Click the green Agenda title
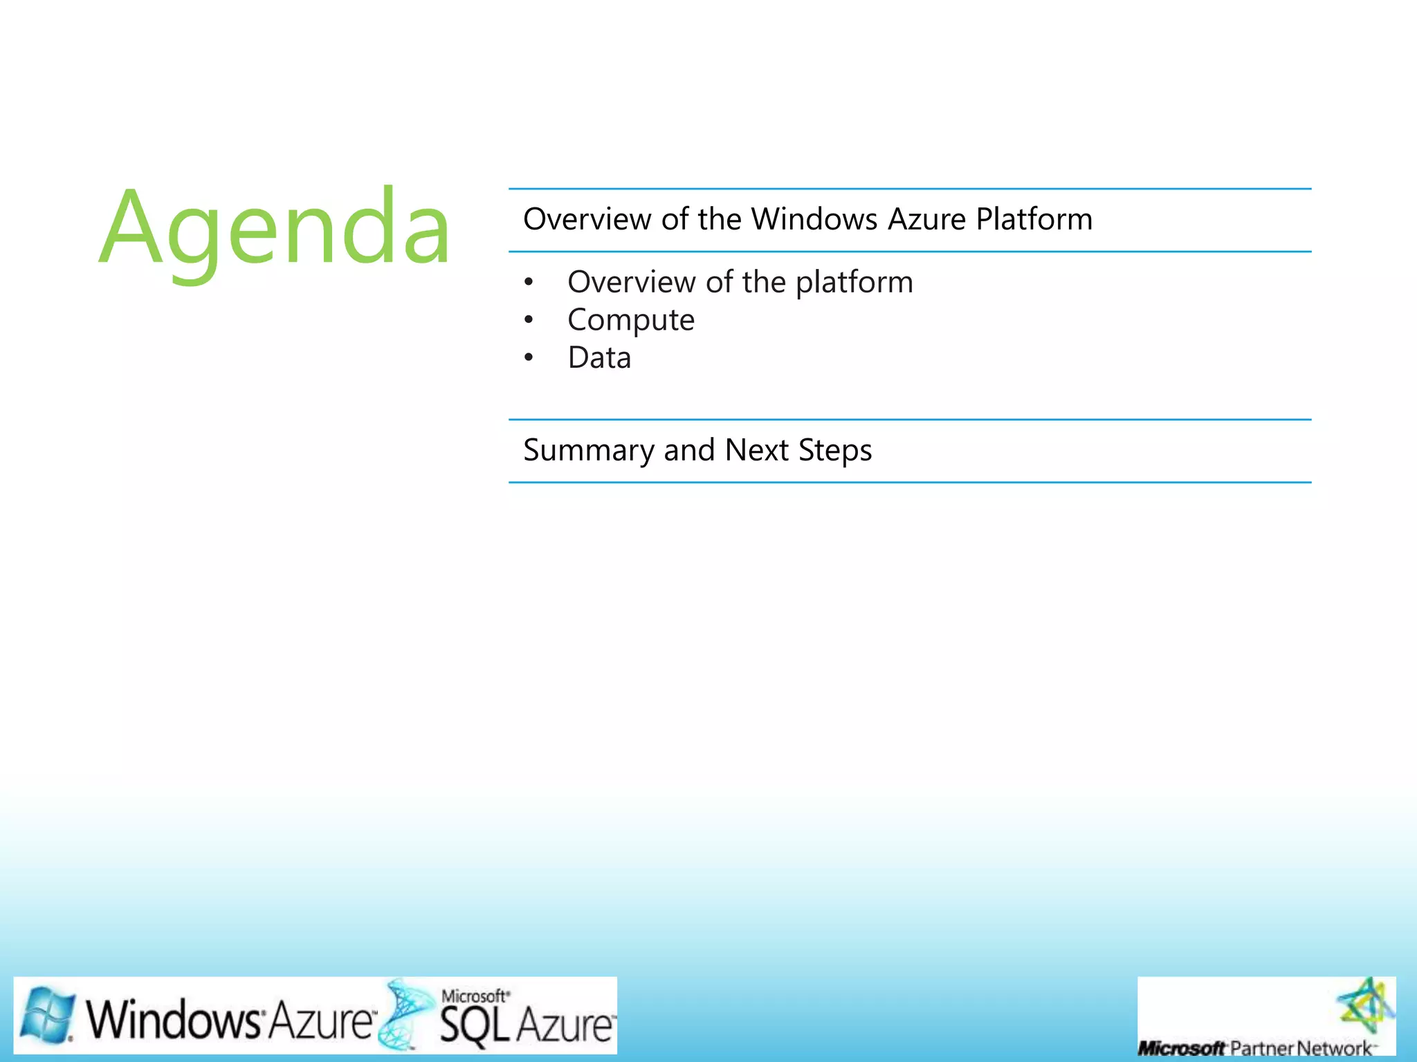[x=275, y=228]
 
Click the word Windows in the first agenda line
[x=814, y=219]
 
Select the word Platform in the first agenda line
[x=1034, y=219]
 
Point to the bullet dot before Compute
[x=529, y=320]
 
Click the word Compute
[x=630, y=320]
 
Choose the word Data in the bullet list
[x=599, y=358]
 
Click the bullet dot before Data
[x=529, y=358]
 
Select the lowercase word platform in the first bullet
[x=854, y=283]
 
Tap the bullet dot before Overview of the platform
[x=529, y=282]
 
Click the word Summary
[x=588, y=451]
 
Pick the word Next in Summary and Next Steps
[x=756, y=450]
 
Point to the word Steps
[x=835, y=451]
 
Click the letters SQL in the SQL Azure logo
[x=474, y=1025]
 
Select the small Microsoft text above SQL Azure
[x=475, y=996]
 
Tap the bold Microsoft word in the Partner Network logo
[x=1180, y=1048]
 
